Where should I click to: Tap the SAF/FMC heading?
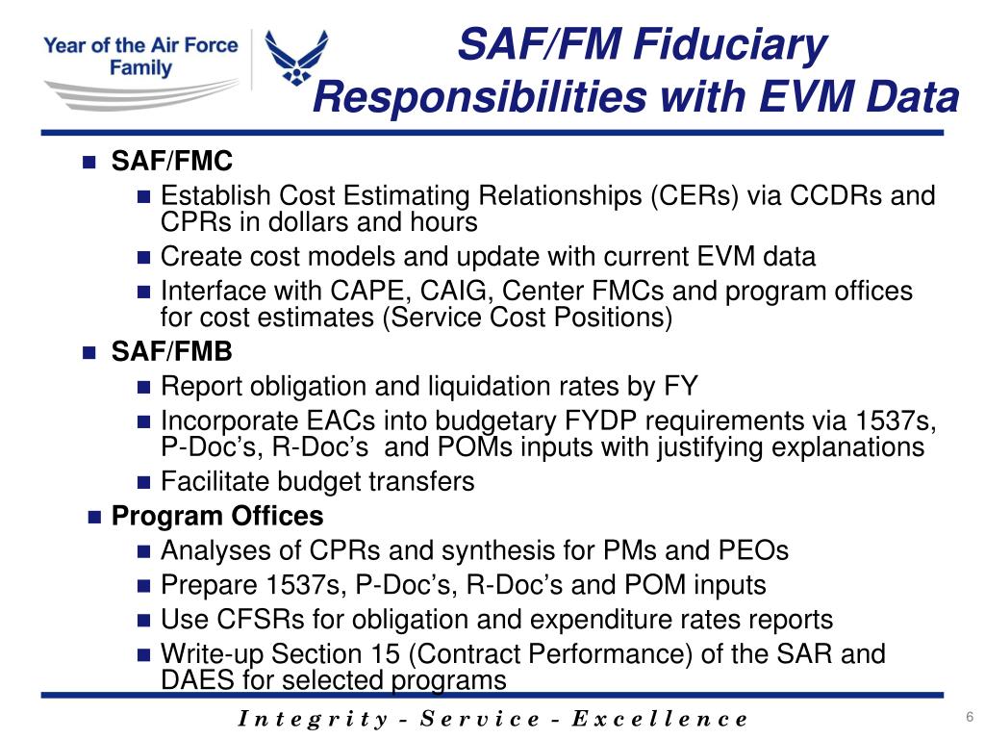coord(172,160)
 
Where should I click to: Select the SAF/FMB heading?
coord(172,352)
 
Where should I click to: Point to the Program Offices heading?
coord(217,516)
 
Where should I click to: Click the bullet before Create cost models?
coord(145,258)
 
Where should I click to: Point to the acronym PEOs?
coord(753,550)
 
